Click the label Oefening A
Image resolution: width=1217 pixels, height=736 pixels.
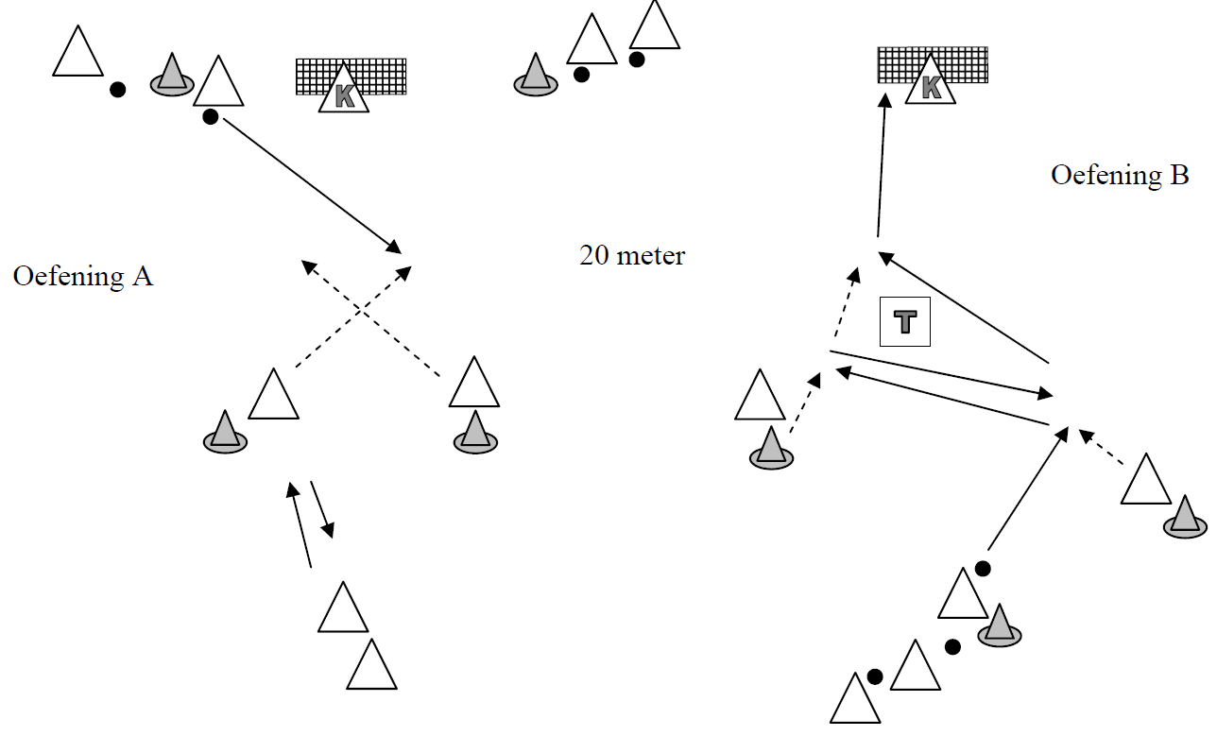pyautogui.click(x=83, y=277)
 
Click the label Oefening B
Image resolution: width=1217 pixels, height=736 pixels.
pyautogui.click(x=1120, y=176)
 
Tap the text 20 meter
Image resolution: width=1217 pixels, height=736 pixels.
pyautogui.click(x=632, y=255)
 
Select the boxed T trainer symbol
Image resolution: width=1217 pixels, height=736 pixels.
pyautogui.click(x=905, y=322)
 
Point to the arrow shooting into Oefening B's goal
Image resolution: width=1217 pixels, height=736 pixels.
pyautogui.click(x=882, y=170)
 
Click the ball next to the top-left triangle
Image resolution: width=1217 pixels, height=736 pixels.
pyautogui.click(x=117, y=90)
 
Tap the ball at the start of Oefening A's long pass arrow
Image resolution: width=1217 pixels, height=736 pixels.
pyautogui.click(x=211, y=117)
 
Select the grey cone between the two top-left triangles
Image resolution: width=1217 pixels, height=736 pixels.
pyautogui.click(x=171, y=76)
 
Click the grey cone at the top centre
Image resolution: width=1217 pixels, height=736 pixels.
pyautogui.click(x=535, y=76)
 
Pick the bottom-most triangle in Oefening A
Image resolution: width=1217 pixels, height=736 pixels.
pyautogui.click(x=371, y=668)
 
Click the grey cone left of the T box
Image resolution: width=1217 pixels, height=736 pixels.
pyautogui.click(x=771, y=448)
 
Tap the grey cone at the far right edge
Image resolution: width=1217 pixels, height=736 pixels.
pyautogui.click(x=1185, y=518)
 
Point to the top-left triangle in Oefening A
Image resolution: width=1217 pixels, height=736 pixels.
pyautogui.click(x=77, y=55)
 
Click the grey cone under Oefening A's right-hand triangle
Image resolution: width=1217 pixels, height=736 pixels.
pyautogui.click(x=475, y=432)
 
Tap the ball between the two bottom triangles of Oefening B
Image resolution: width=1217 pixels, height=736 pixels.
pyautogui.click(x=952, y=647)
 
